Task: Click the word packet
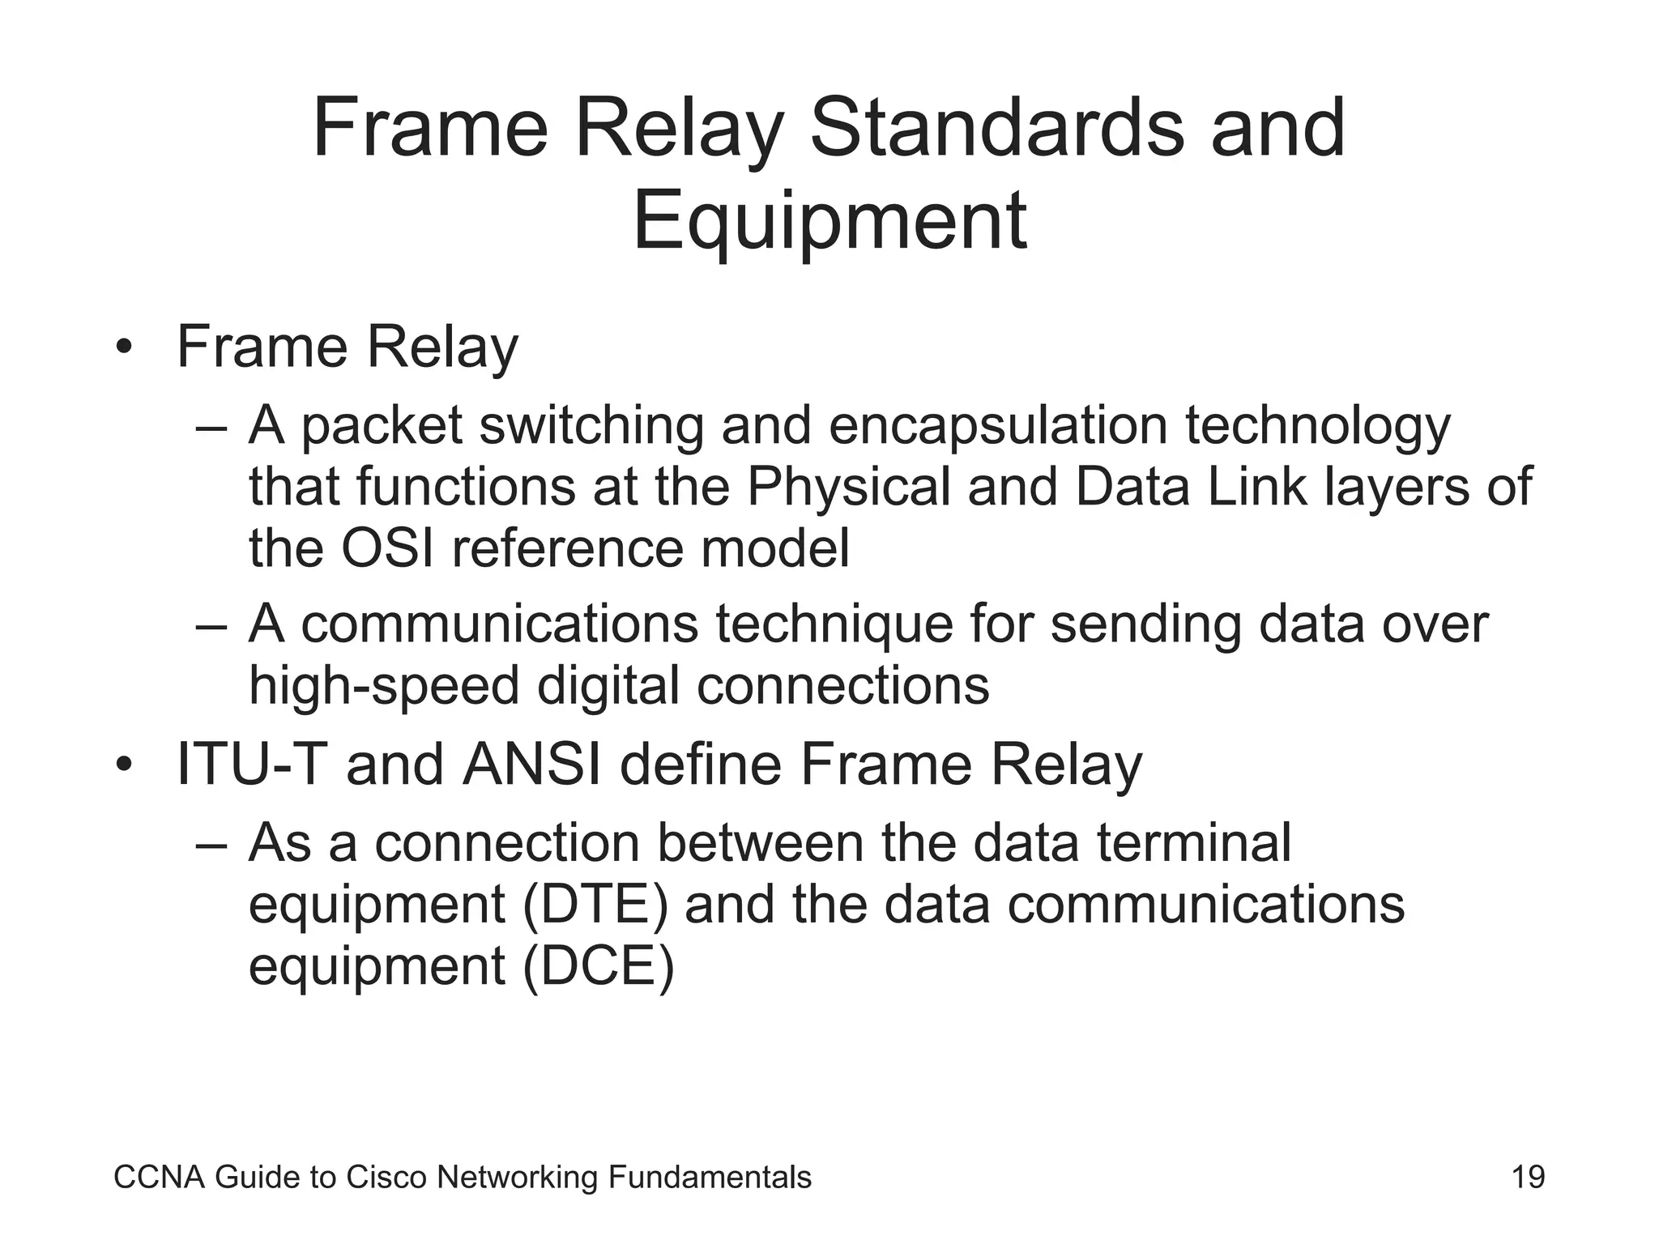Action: [x=381, y=427]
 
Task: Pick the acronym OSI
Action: [x=387, y=548]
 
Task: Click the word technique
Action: [x=834, y=624]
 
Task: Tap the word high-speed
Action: [x=383, y=687]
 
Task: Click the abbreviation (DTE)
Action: [x=595, y=905]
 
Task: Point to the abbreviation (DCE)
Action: [x=598, y=967]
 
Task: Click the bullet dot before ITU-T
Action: [x=123, y=765]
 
